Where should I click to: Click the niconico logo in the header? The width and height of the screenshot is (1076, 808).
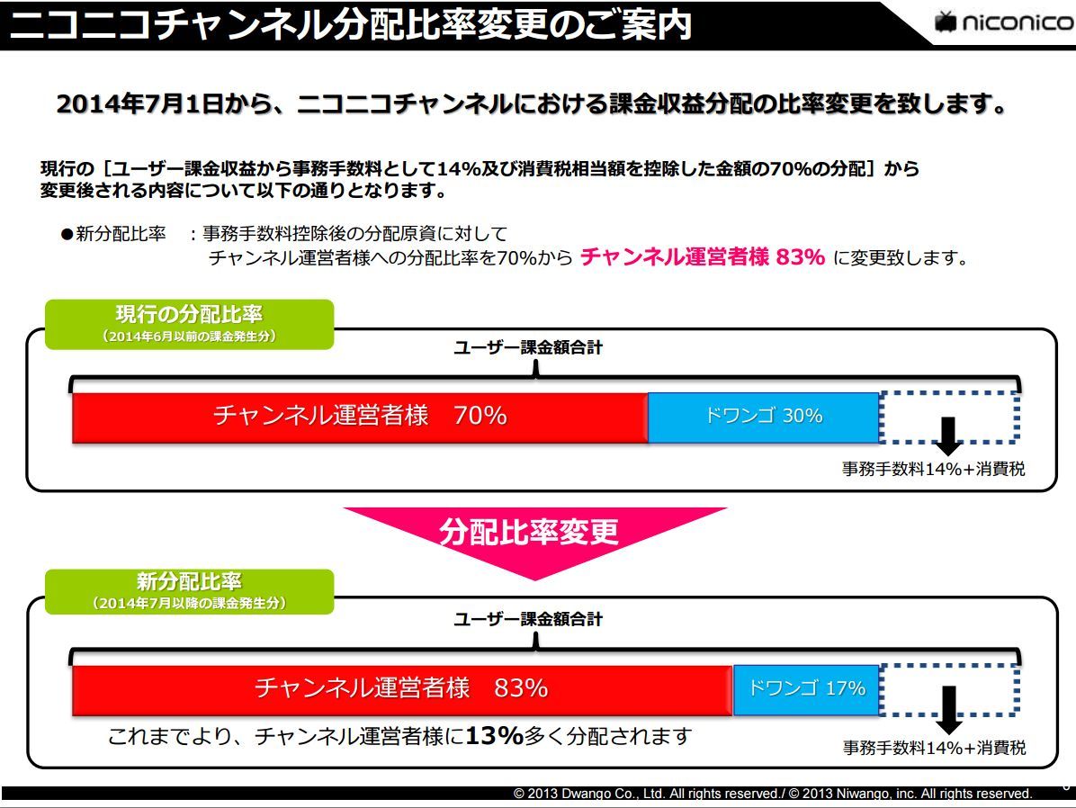1003,22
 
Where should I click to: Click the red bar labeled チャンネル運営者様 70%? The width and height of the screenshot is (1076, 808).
360,417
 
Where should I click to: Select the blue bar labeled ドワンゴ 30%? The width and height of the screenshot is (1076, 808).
763,417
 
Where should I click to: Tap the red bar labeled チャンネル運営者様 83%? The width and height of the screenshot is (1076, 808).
402,689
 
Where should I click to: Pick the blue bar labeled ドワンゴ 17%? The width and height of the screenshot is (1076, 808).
806,689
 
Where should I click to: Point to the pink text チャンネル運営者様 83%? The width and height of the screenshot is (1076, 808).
703,257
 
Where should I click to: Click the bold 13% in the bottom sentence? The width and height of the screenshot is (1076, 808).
494,736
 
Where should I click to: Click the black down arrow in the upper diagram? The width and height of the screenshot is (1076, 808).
947,435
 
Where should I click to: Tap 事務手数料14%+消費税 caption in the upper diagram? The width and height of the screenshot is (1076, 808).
933,470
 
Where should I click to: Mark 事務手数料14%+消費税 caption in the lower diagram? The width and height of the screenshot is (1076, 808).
933,748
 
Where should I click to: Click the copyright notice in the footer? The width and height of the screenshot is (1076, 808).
772,794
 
